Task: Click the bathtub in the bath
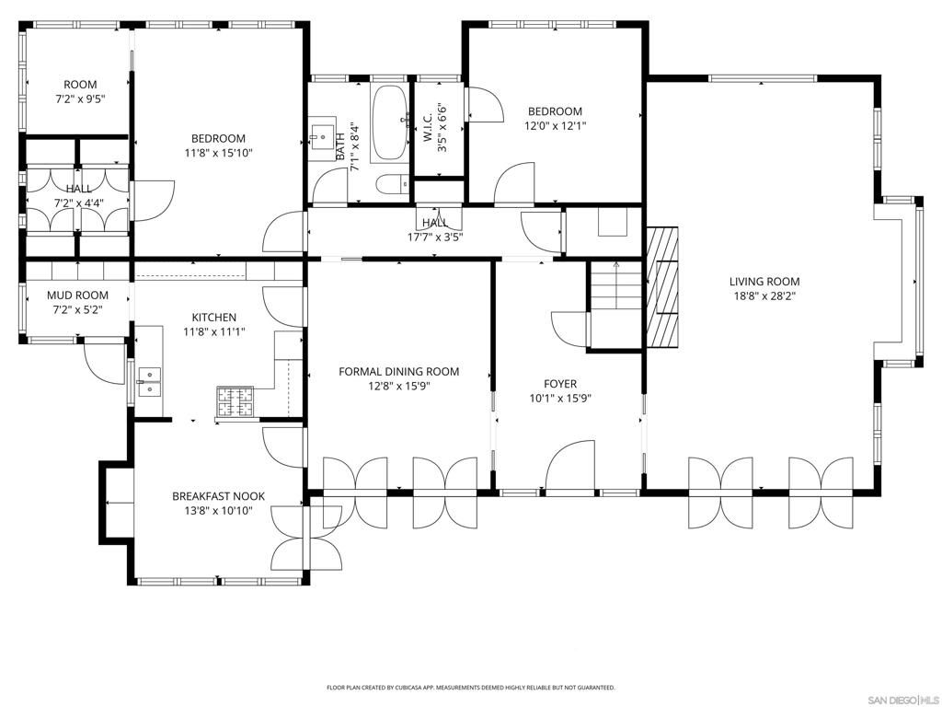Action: tap(390, 123)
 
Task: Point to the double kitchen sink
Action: tap(148, 382)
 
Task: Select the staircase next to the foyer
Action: tap(614, 286)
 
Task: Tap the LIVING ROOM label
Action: tap(764, 282)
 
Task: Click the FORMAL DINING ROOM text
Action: tap(398, 372)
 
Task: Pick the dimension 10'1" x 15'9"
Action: tap(560, 399)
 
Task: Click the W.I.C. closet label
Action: tap(428, 121)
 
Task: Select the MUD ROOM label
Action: tap(78, 296)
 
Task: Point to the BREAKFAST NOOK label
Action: tap(218, 496)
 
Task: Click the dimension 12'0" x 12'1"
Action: tap(555, 126)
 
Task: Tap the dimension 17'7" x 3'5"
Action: tap(435, 237)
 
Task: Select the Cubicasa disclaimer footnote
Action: tap(471, 688)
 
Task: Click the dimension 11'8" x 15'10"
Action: tap(218, 154)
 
